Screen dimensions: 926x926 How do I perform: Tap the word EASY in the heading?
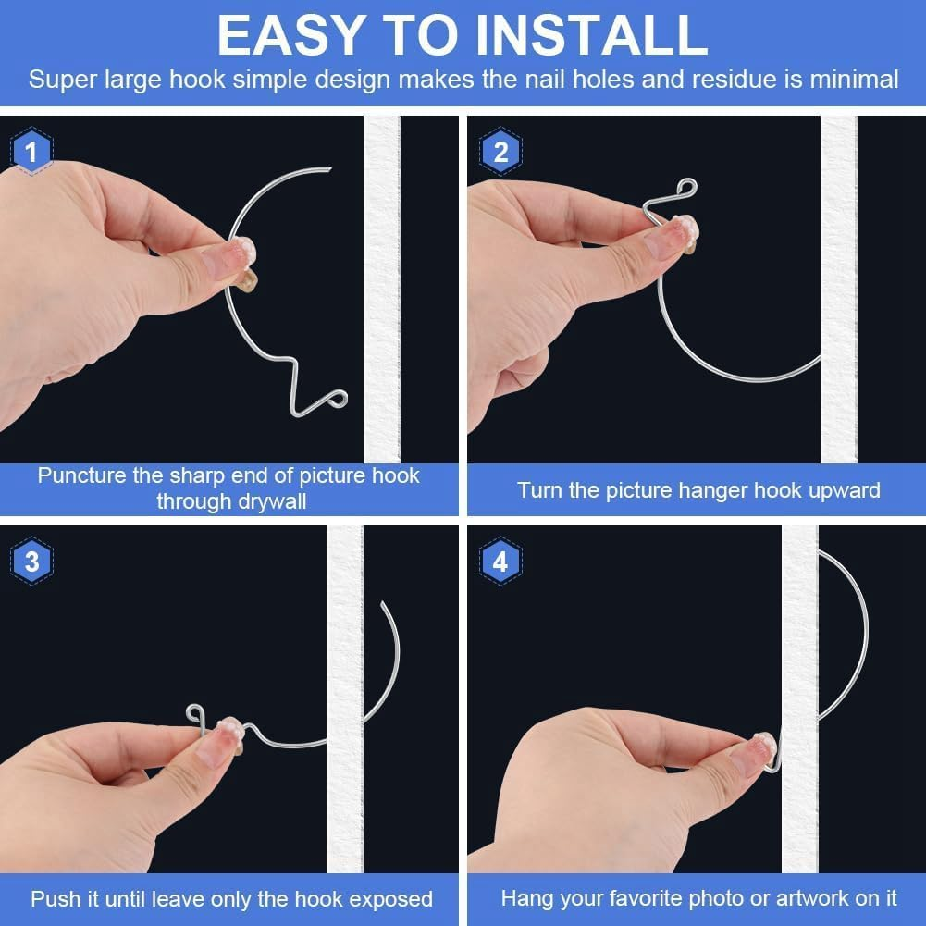pyautogui.click(x=288, y=35)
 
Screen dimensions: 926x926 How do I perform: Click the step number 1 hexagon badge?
pyautogui.click(x=31, y=152)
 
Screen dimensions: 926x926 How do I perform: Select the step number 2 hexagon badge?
pyautogui.click(x=500, y=152)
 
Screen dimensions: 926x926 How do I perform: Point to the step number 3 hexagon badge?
pyautogui.click(x=31, y=562)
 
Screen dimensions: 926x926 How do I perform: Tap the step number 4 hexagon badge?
pyautogui.click(x=500, y=562)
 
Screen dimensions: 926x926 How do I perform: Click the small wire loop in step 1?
pyautogui.click(x=337, y=399)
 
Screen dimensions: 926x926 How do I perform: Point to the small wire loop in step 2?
pyautogui.click(x=685, y=188)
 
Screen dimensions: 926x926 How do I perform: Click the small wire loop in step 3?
pyautogui.click(x=195, y=713)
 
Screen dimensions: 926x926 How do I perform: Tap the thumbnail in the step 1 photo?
pyautogui.click(x=230, y=258)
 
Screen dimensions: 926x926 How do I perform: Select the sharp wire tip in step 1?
pyautogui.click(x=328, y=168)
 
